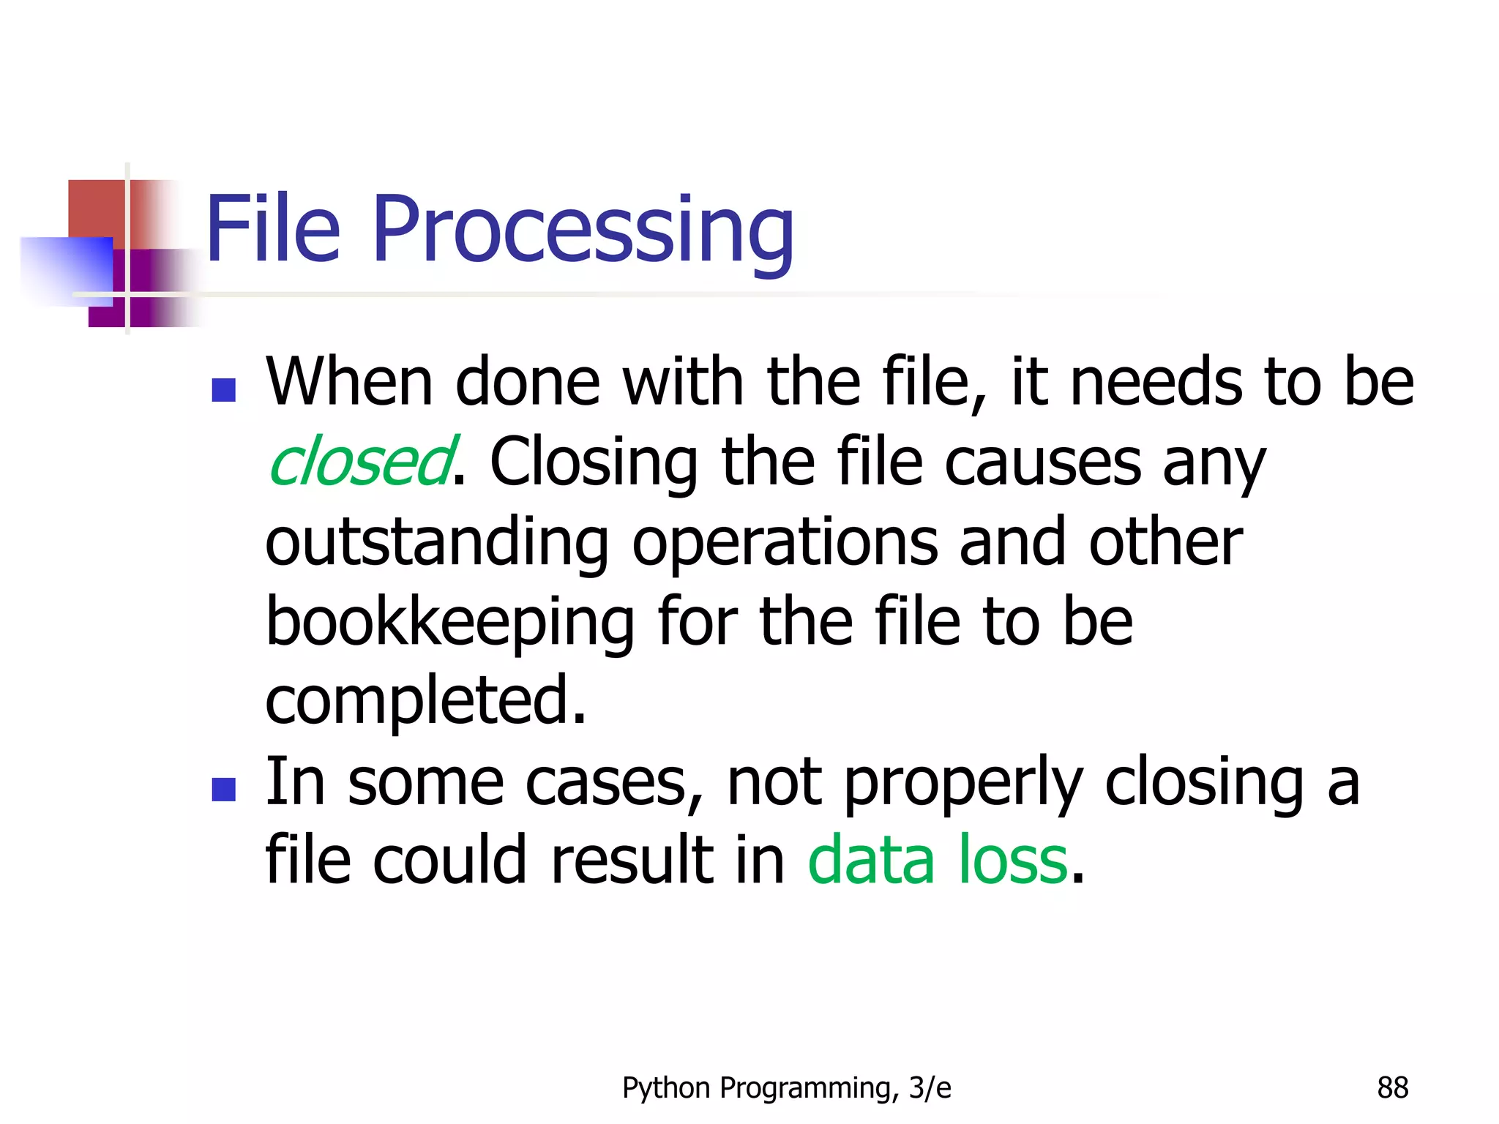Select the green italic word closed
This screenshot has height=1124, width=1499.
pos(360,462)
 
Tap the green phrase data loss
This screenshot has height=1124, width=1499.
pos(938,860)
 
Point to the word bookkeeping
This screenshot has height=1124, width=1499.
pos(449,621)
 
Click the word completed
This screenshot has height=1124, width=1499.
pos(425,700)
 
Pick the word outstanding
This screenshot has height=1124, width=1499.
pos(437,542)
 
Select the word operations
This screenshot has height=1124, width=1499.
pos(785,542)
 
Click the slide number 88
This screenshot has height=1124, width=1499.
pos(1392,1088)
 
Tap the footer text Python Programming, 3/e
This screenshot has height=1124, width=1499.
pos(786,1088)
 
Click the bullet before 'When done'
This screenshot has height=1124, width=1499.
pos(223,389)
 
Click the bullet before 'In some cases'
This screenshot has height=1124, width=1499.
pos(223,789)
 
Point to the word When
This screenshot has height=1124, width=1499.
pos(349,382)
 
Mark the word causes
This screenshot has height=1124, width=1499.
pos(1043,462)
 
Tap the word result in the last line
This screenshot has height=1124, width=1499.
pos(632,860)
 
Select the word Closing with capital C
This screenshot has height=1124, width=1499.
pos(594,462)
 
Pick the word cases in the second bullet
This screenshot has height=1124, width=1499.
pos(613,782)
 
